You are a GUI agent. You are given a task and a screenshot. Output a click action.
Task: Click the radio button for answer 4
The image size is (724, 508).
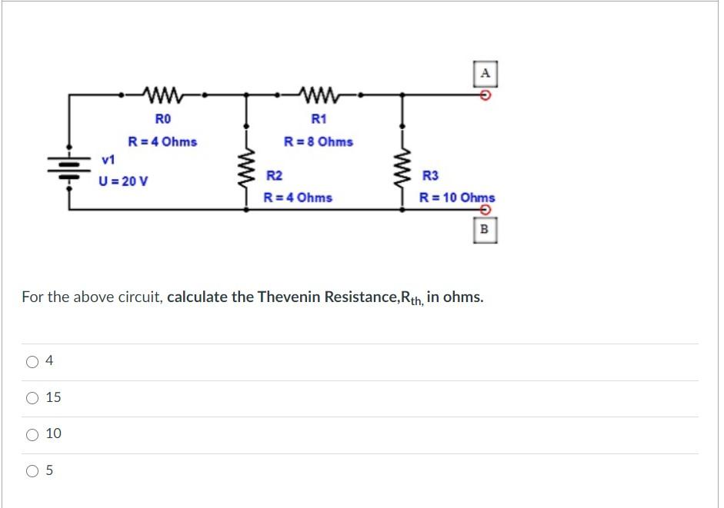33,362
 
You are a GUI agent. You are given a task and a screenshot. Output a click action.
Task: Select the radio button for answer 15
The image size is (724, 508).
33,398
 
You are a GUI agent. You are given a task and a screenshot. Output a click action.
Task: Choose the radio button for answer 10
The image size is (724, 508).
33,435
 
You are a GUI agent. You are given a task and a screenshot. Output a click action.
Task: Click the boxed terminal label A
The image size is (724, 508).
485,74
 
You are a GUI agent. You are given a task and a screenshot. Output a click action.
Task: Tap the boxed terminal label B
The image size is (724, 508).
485,229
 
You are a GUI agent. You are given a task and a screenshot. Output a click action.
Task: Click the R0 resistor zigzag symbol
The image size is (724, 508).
162,95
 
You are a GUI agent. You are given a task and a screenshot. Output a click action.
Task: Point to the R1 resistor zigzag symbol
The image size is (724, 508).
319,95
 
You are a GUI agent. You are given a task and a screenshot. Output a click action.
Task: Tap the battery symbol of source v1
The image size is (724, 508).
70,165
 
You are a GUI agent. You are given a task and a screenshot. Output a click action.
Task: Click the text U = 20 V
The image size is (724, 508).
124,182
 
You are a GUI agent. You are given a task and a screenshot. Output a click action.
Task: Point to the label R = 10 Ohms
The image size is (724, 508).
457,198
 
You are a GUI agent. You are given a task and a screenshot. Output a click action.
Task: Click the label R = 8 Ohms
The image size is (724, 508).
319,142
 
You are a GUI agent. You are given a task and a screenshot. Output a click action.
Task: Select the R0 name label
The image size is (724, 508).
162,119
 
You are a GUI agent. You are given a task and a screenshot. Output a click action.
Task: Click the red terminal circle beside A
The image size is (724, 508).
485,95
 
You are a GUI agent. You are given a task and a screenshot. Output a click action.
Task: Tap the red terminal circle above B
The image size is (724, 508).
485,210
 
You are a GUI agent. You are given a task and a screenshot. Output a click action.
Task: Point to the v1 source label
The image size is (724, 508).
108,160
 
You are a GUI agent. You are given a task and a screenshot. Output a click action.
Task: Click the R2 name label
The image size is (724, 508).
274,176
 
